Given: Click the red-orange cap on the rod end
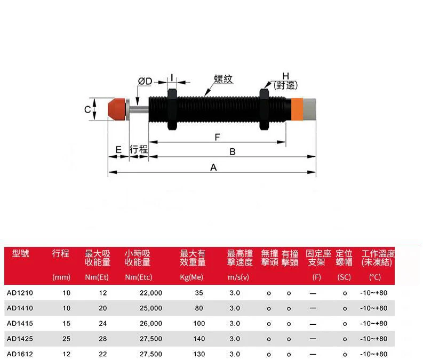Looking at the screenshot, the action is click(x=117, y=109).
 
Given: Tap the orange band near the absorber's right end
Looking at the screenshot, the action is click(x=298, y=109).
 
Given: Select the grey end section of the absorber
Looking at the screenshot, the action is click(x=309, y=109).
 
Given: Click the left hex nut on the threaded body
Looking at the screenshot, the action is click(x=172, y=109).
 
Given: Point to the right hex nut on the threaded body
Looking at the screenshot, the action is click(x=264, y=109).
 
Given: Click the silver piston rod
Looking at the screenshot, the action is click(x=139, y=109).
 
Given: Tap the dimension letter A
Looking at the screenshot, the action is click(x=213, y=167).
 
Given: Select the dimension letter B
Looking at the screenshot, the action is click(x=233, y=152).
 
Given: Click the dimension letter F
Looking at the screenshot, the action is click(x=218, y=137).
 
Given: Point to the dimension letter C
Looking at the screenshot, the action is click(x=87, y=109).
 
